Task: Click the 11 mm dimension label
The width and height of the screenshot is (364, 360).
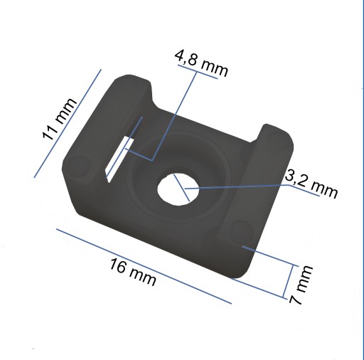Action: click(59, 119)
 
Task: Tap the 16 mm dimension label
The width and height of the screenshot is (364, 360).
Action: click(133, 272)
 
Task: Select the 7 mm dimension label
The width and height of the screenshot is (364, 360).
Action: click(301, 285)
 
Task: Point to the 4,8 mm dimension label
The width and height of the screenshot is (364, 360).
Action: click(201, 63)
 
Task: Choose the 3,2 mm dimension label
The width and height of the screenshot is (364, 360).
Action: click(311, 184)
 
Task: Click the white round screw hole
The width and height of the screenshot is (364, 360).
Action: click(178, 189)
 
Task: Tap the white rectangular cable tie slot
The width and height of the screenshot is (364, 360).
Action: click(119, 159)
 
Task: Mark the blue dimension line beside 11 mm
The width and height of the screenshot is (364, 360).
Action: click(68, 123)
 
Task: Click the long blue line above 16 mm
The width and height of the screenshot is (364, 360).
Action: click(144, 266)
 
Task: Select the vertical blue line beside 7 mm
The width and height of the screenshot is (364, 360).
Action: click(288, 281)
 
